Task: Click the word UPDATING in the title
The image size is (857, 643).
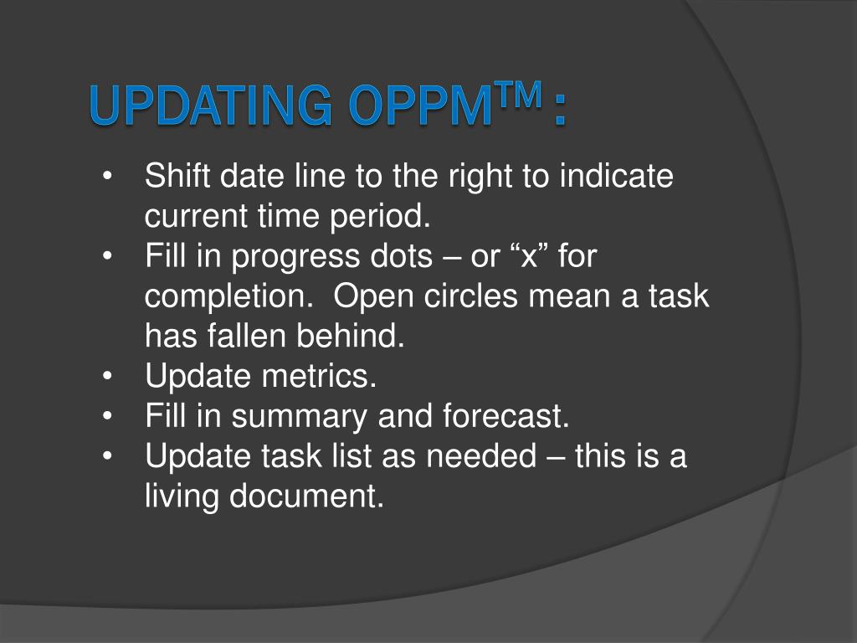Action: tap(211, 105)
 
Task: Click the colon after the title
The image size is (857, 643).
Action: tap(559, 111)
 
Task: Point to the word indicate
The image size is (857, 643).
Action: tap(617, 176)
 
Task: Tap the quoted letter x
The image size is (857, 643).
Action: tap(529, 256)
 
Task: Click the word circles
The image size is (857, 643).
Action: tap(470, 296)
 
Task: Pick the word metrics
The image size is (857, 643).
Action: tap(319, 376)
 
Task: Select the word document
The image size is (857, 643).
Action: tap(306, 496)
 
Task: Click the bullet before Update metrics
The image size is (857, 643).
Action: tap(107, 376)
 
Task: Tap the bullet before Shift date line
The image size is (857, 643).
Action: tap(107, 176)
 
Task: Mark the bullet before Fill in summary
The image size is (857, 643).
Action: tap(107, 416)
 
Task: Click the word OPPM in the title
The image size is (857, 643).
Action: tap(421, 105)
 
